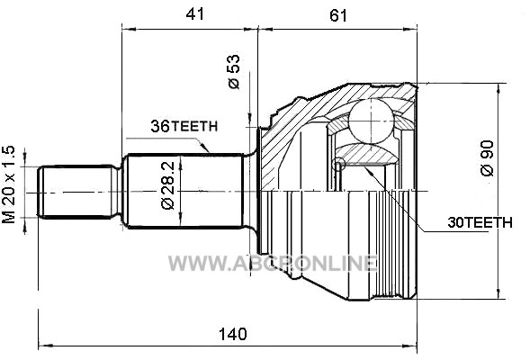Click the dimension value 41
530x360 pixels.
tap(195, 14)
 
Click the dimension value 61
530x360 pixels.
tap(338, 15)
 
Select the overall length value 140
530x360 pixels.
tap(233, 334)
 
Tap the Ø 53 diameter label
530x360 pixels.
tap(234, 72)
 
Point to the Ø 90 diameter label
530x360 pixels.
tap(487, 158)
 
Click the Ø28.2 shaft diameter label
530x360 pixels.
tap(168, 185)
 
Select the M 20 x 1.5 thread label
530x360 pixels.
tap(9, 184)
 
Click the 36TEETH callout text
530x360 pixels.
tap(184, 126)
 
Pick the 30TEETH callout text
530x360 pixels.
tap(480, 222)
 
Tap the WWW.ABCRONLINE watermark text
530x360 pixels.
tap(273, 263)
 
